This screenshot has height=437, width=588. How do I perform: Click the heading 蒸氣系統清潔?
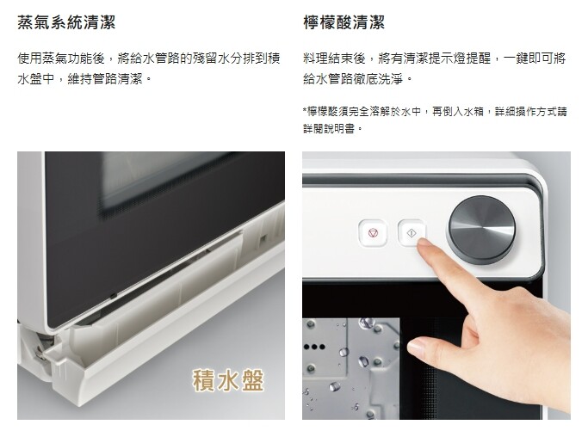(x=66, y=22)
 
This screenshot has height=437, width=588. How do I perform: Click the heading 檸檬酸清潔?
(x=344, y=22)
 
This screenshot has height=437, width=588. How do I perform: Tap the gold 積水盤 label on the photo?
(x=228, y=380)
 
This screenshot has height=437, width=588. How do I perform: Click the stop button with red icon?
(x=373, y=233)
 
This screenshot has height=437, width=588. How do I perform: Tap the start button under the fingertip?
(x=411, y=233)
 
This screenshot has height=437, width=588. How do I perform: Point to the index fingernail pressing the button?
(x=424, y=242)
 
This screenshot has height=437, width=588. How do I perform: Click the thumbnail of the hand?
(x=415, y=347)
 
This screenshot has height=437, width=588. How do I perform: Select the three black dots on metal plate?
(x=314, y=347)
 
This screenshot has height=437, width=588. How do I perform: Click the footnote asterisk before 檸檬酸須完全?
(x=305, y=111)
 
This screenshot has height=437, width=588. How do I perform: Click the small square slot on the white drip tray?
(x=263, y=238)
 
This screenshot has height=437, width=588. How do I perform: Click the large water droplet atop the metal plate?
(x=367, y=323)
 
